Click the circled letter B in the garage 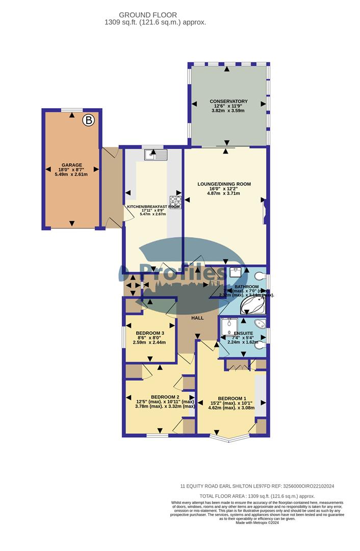89,120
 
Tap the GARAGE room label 72,165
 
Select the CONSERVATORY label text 228,102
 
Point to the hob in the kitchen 175,201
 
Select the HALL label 197,318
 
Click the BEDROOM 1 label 232,399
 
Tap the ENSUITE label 243,333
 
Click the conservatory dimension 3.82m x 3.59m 228,111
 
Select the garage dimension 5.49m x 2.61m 72,174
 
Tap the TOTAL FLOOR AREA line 258,496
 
